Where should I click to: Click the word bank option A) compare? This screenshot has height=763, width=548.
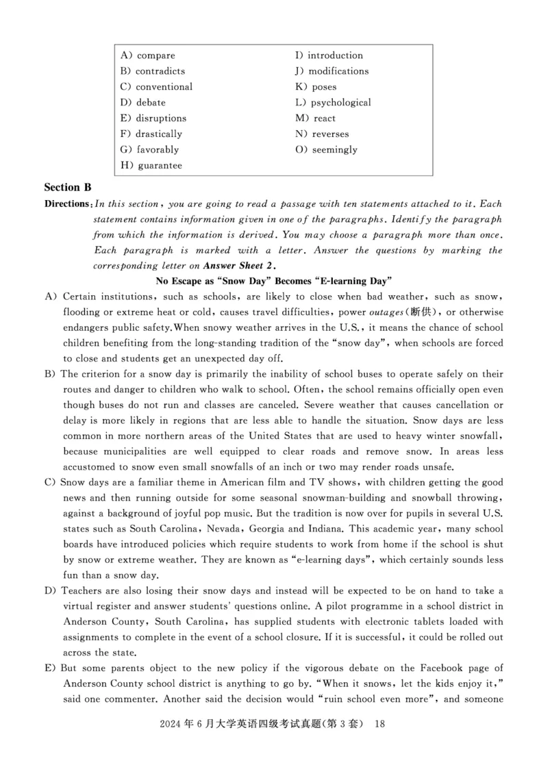coord(147,55)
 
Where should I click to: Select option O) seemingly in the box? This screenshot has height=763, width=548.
coord(326,150)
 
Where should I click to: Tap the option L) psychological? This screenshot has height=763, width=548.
coord(333,103)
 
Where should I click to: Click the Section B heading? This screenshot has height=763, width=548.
coord(68,187)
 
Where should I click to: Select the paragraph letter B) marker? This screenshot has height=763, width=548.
coord(49,374)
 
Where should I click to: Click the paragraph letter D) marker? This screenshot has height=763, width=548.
coord(49,591)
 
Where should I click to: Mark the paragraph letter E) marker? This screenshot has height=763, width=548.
coord(49,668)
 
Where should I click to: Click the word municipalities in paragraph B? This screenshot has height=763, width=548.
coord(146,451)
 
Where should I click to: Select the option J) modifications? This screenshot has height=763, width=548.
coord(332,71)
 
